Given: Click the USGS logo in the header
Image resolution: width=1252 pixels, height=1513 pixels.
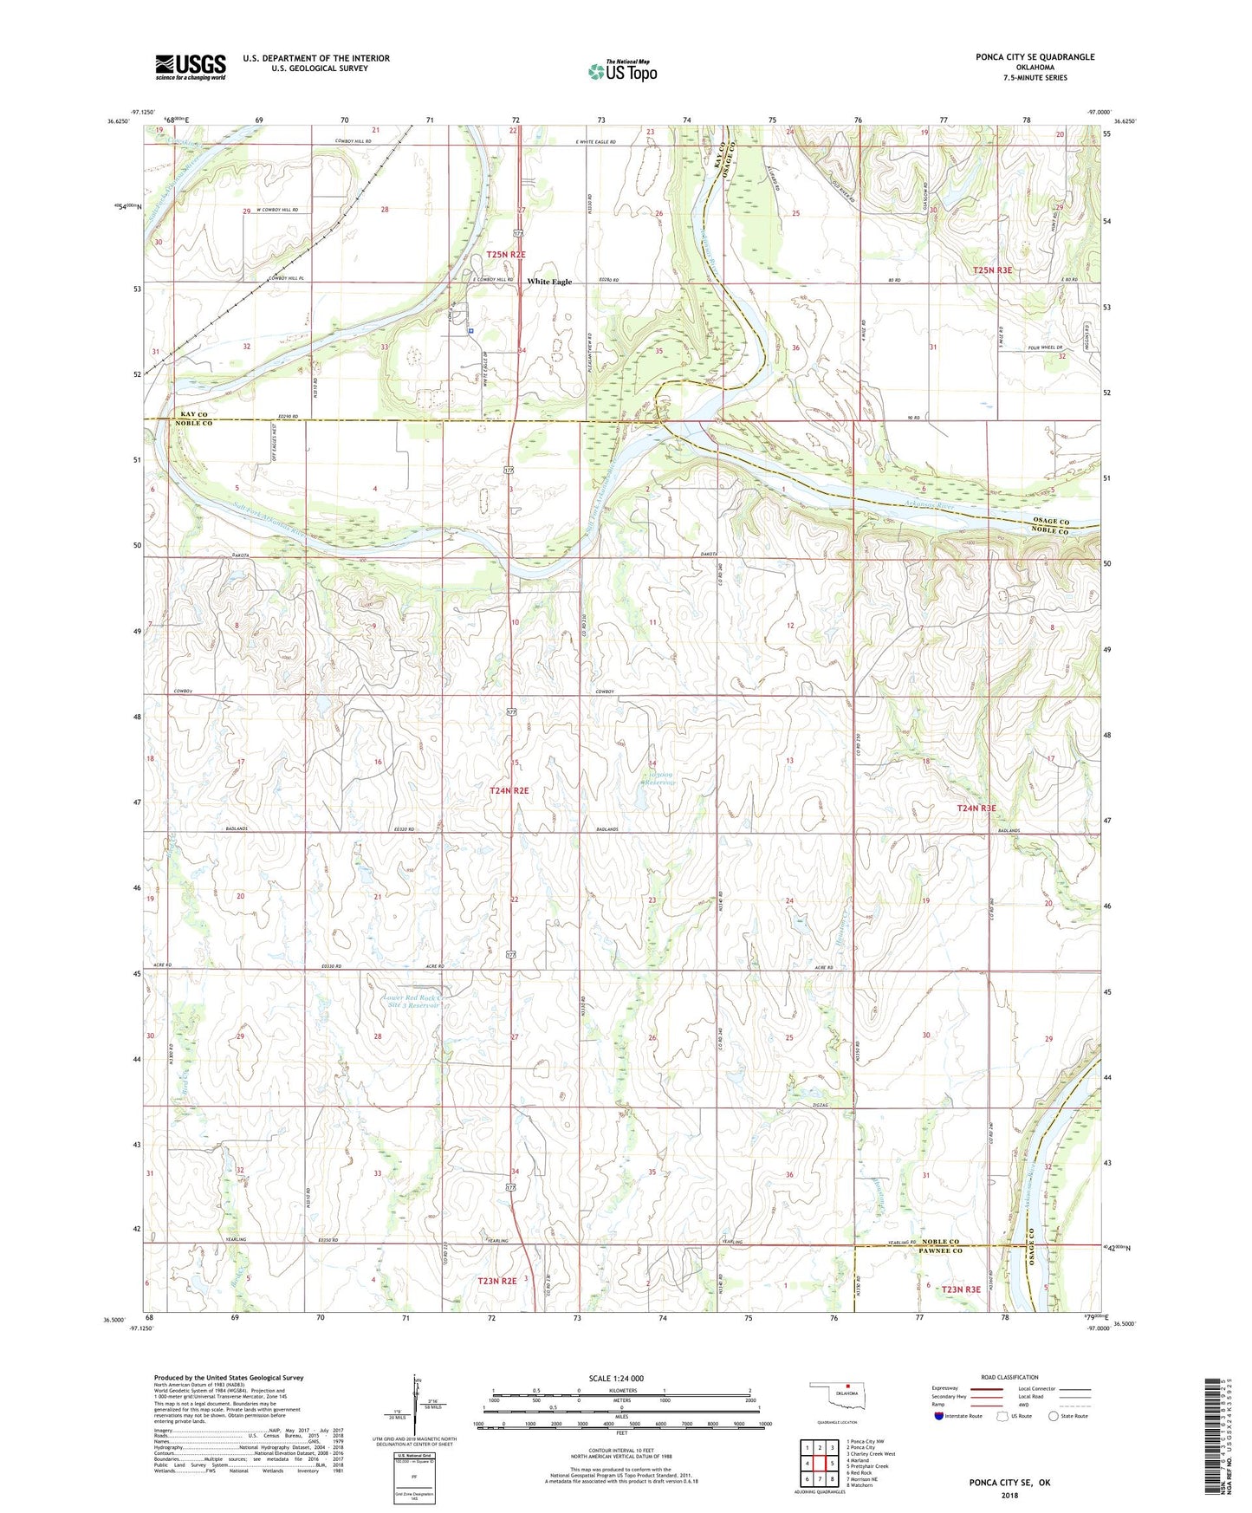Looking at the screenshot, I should [x=190, y=67].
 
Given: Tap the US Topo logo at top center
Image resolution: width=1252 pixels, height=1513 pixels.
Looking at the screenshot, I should [x=622, y=71].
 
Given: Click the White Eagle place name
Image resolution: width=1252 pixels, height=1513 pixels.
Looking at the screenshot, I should [x=549, y=282].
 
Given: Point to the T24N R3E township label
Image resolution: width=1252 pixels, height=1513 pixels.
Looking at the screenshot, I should [x=976, y=808].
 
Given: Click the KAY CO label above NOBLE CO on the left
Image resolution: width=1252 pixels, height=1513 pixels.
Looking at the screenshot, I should [x=195, y=416].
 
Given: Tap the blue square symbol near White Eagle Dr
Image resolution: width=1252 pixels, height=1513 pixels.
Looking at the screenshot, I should [x=470, y=330].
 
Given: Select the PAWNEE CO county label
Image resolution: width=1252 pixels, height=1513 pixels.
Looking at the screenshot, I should [x=940, y=1251].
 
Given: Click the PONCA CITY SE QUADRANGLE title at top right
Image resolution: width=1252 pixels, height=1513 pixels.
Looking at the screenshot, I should [x=1035, y=57].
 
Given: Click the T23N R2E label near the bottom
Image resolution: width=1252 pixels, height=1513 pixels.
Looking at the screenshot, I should [x=497, y=1281].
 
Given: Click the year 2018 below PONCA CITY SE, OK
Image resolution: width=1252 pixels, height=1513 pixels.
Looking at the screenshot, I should [x=1009, y=1495].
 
